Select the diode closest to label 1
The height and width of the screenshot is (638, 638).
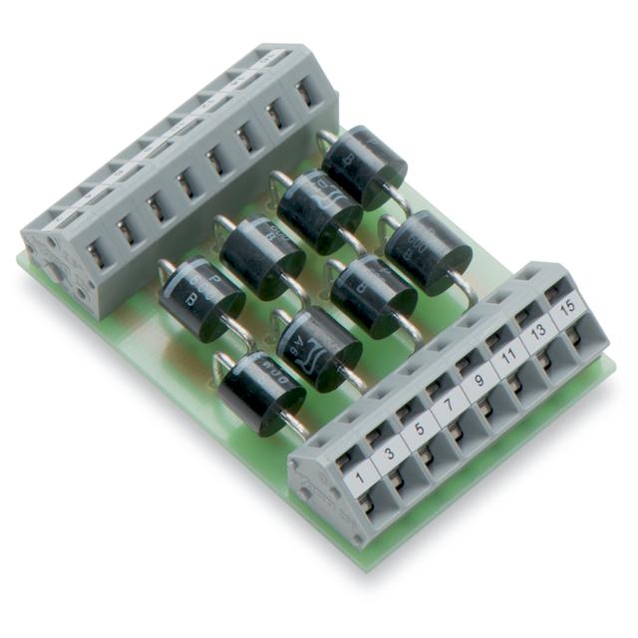click(x=261, y=392)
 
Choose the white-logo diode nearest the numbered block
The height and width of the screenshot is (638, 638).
click(x=319, y=347)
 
